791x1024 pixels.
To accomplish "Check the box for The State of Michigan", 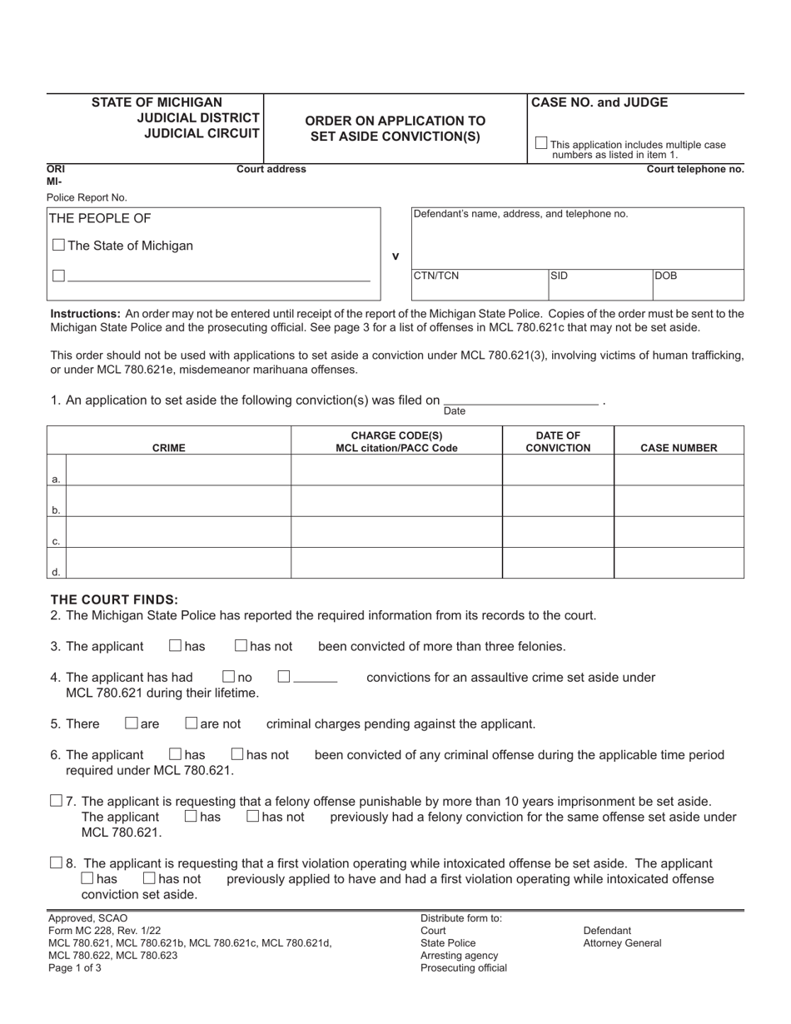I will click(58, 245).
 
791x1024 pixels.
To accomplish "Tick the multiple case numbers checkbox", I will click(541, 143).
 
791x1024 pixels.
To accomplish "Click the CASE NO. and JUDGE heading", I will click(599, 102).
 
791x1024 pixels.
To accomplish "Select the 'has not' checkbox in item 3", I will click(241, 645).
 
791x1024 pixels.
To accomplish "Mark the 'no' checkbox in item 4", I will click(229, 677).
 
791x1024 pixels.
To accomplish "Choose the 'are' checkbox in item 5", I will click(132, 723).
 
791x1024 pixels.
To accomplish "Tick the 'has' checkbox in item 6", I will click(176, 754).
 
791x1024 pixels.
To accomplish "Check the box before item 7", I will click(57, 801).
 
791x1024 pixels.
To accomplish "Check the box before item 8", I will click(57, 862).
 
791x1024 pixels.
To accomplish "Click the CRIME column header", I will click(169, 448).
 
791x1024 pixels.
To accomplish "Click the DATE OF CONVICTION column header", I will click(558, 441).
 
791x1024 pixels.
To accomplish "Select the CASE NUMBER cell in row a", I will click(679, 470).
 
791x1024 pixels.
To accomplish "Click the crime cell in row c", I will click(178, 532).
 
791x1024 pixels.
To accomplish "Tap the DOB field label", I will click(666, 276).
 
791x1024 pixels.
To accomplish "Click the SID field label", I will click(559, 276).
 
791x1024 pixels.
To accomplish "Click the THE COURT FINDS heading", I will click(114, 599).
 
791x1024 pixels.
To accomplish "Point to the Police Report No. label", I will click(87, 197).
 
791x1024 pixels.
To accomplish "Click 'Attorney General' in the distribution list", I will click(622, 943).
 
